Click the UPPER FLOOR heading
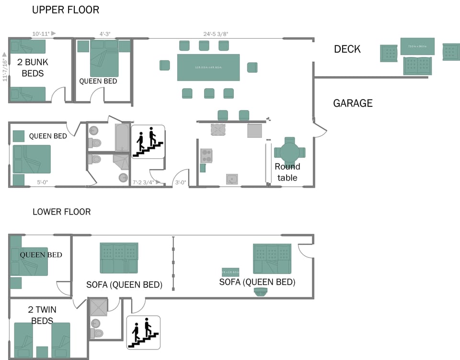coord(66,10)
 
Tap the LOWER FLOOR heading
coord(61,212)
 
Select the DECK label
coord(347,49)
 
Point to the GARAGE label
coord(353,103)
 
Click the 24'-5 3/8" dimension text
coord(216,34)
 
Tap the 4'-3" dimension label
coord(105,34)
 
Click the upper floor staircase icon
coord(148,142)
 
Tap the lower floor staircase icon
coord(143,332)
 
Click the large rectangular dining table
coord(208,67)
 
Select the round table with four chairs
coord(289,152)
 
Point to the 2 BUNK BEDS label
coord(33,67)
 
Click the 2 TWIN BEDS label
coord(42,315)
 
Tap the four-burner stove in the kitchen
coord(207,156)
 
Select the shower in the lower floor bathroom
coord(98,308)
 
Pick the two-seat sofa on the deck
coord(417,66)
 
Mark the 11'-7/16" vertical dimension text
coord(5,67)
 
